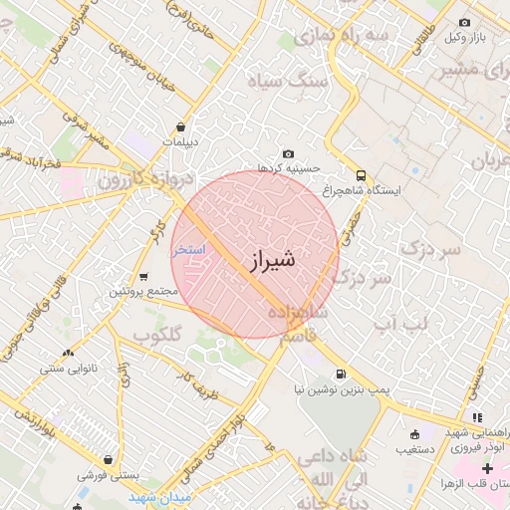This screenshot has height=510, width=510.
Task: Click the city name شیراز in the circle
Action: [268, 261]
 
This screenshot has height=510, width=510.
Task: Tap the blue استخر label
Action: [190, 248]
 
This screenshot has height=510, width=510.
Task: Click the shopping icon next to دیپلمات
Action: [180, 127]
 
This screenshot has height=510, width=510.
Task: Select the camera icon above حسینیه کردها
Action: [289, 153]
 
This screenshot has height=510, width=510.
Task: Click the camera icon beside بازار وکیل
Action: [464, 22]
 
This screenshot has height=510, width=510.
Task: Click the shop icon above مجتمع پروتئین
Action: [143, 277]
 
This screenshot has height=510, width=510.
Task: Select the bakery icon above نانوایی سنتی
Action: [68, 353]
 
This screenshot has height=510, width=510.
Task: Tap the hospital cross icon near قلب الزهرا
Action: [487, 468]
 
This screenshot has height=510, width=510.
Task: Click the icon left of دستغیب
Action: [414, 433]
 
